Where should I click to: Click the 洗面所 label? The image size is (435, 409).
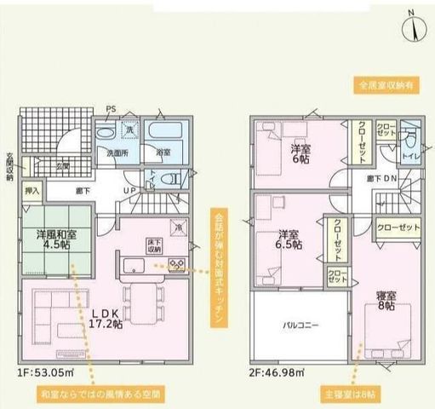117,152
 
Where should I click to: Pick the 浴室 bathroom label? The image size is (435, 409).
163,152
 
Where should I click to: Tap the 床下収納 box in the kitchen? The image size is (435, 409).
154,245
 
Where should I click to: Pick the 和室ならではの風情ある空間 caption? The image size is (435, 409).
100,395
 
